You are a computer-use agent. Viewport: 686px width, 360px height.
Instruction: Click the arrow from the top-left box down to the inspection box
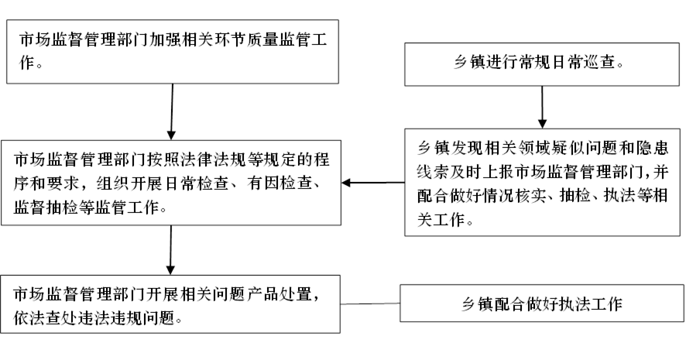[172, 111]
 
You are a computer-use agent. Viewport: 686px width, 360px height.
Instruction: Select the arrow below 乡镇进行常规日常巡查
[542, 107]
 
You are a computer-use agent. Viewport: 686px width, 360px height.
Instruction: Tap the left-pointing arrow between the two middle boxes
[372, 183]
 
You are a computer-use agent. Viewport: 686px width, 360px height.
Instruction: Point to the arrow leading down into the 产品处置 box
[170, 250]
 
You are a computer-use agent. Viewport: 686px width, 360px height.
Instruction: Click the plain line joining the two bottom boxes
[370, 303]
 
